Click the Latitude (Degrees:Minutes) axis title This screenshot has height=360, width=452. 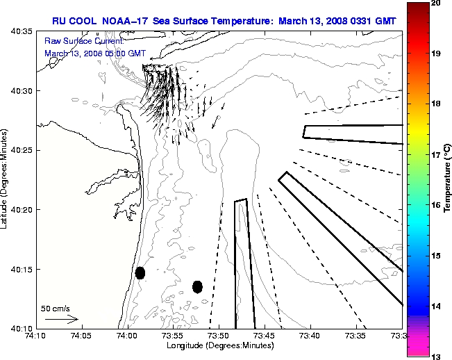point(5,180)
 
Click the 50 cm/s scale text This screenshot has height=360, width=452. point(56,309)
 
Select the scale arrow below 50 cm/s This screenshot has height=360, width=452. point(61,319)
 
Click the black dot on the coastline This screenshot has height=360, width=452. point(140,272)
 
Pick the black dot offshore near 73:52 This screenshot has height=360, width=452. point(197,286)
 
